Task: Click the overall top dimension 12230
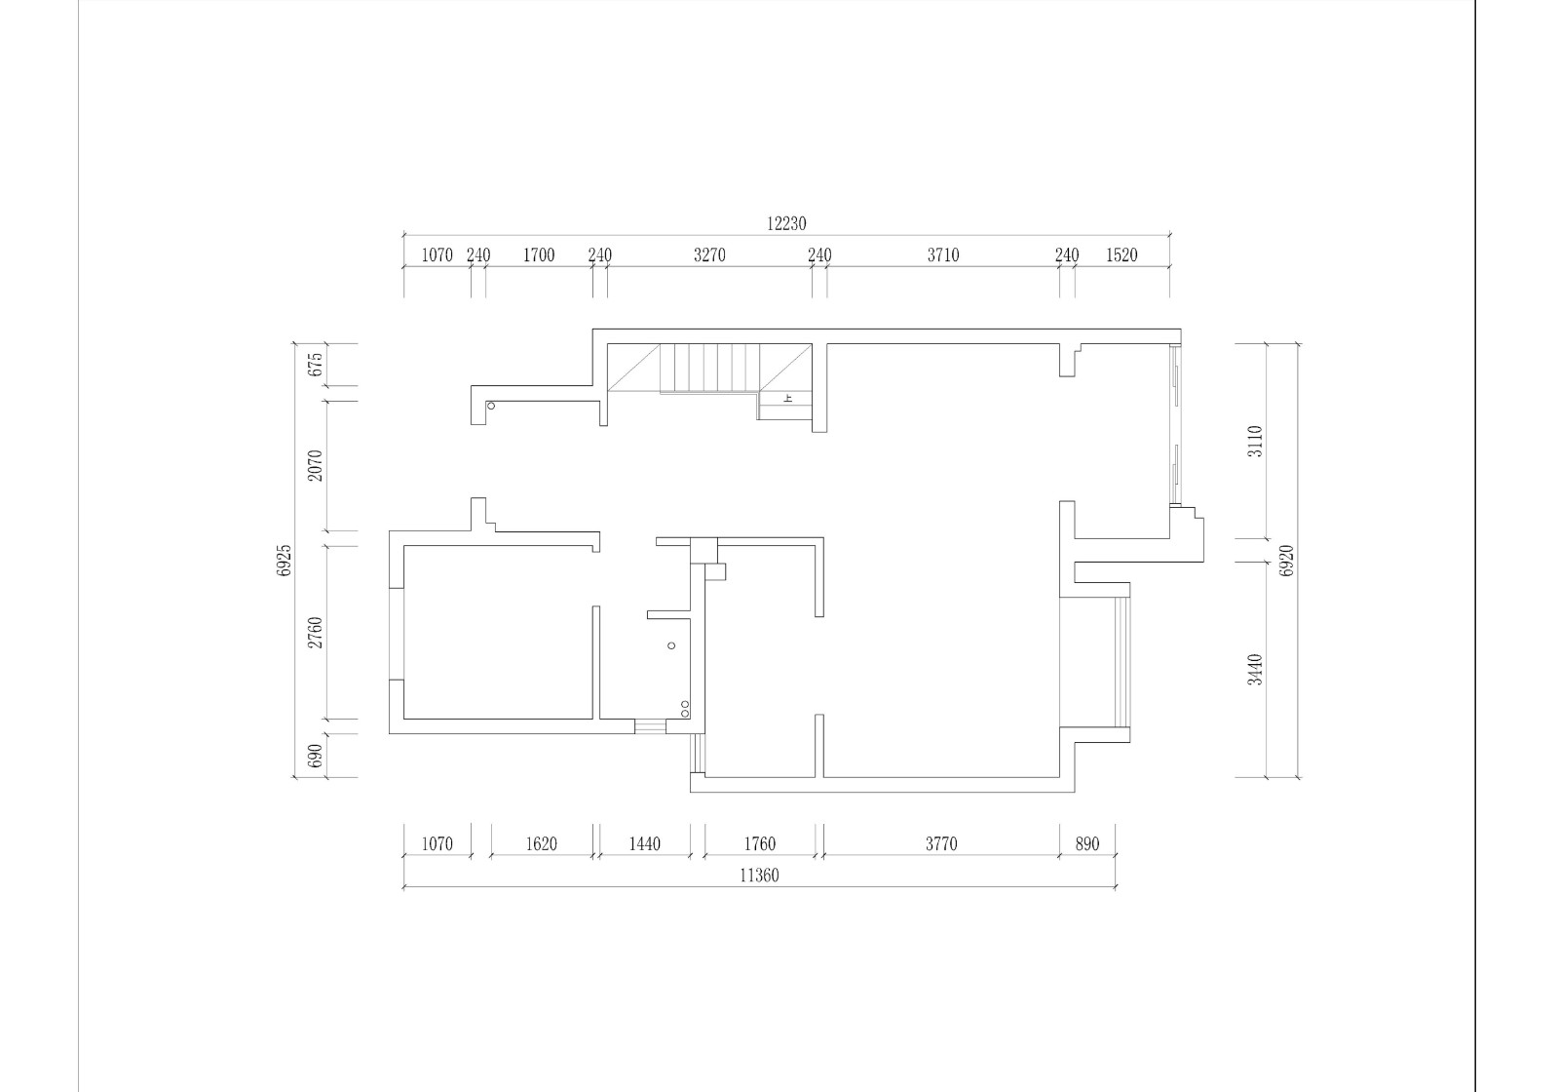click(786, 223)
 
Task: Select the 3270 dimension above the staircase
click(709, 255)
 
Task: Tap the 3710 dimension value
click(943, 255)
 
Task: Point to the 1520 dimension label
click(1122, 255)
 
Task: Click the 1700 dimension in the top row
click(539, 255)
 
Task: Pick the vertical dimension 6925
click(284, 561)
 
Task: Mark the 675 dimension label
click(316, 365)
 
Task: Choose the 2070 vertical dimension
click(316, 465)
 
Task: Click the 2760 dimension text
click(316, 633)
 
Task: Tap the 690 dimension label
click(316, 756)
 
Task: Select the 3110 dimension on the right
click(1255, 441)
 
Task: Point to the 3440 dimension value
click(1255, 669)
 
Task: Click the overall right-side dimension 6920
click(1287, 561)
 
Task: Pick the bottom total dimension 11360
click(759, 877)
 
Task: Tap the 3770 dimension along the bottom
click(941, 844)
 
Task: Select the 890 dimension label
click(1087, 844)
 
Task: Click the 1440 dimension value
click(644, 844)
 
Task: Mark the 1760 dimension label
click(759, 844)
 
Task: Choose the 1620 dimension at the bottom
click(541, 844)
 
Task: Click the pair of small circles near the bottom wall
click(685, 709)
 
